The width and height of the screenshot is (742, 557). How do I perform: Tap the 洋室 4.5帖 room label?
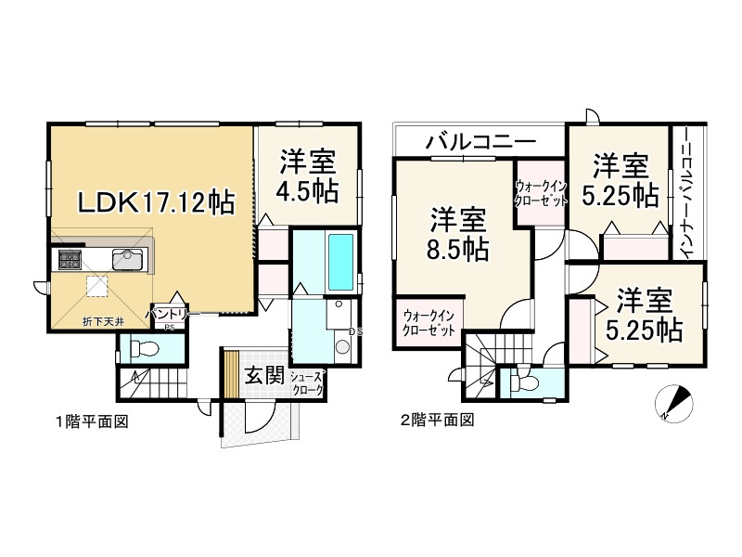click(306, 176)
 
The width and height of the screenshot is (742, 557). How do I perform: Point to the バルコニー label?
click(480, 143)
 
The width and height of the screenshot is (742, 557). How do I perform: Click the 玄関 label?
click(263, 376)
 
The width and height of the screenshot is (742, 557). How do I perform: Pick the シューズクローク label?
click(307, 383)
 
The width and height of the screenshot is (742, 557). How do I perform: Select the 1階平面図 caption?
click(91, 421)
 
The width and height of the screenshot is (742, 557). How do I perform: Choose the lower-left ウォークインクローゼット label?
click(429, 323)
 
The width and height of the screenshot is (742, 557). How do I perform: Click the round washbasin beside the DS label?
click(342, 346)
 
